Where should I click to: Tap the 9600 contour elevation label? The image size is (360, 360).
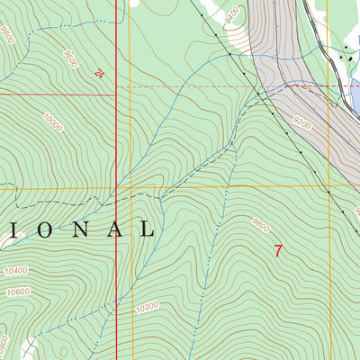pos(69,60)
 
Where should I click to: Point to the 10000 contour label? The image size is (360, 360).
pos(52,122)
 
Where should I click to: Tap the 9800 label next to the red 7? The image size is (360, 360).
pos(260,226)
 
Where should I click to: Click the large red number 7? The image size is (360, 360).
pos(277,251)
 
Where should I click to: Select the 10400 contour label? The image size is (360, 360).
pos(15,271)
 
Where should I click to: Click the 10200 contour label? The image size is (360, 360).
pos(147,307)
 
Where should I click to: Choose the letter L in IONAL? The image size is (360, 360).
pos(145,229)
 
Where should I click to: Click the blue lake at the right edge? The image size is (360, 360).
pos(354,94)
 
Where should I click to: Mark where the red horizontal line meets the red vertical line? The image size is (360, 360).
pos(117,92)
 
